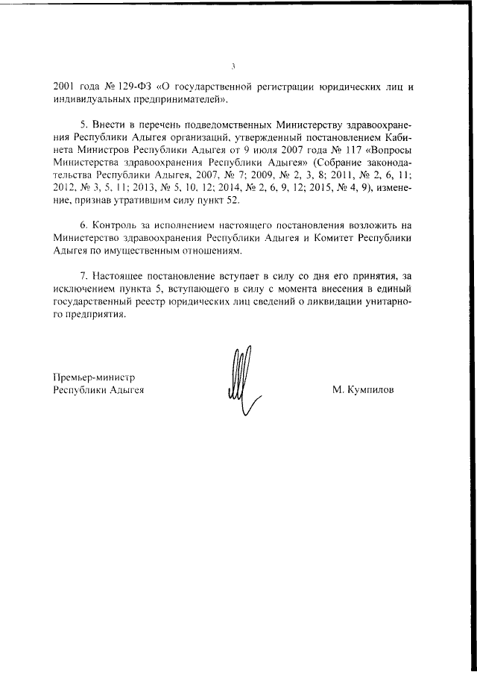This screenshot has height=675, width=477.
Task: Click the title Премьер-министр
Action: click(x=93, y=378)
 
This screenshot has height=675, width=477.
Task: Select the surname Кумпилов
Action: click(x=365, y=389)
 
